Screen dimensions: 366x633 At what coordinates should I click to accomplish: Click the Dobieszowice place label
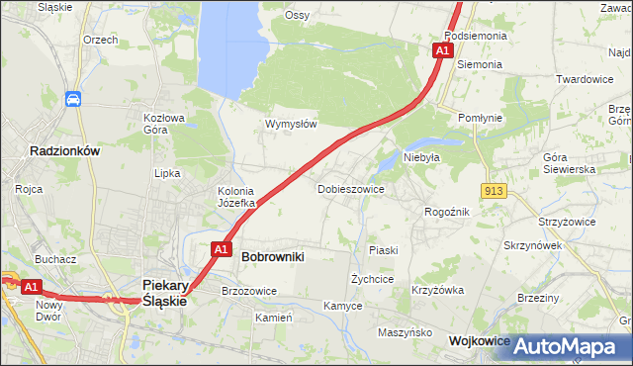[x=350, y=188]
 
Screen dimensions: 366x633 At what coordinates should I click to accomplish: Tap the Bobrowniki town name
[x=272, y=256]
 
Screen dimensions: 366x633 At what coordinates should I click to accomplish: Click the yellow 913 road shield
[x=495, y=190]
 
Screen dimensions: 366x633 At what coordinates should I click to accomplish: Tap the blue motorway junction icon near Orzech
[x=74, y=99]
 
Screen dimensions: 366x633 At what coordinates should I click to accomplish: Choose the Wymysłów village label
[x=291, y=125]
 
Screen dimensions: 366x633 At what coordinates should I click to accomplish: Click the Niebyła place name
[x=420, y=157]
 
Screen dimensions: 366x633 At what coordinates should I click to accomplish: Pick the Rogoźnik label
[x=446, y=212]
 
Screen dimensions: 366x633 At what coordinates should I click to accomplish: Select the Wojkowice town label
[x=479, y=340]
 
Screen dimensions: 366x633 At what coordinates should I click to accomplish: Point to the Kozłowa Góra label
[x=164, y=123]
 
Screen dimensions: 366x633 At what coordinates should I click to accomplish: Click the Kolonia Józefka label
[x=236, y=197]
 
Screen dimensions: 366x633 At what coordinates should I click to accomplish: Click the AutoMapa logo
[x=574, y=346]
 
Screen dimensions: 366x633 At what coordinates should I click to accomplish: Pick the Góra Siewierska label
[x=569, y=163]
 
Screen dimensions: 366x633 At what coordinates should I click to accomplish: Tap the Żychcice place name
[x=372, y=280]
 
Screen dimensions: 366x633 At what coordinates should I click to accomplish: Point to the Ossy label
[x=297, y=15]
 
